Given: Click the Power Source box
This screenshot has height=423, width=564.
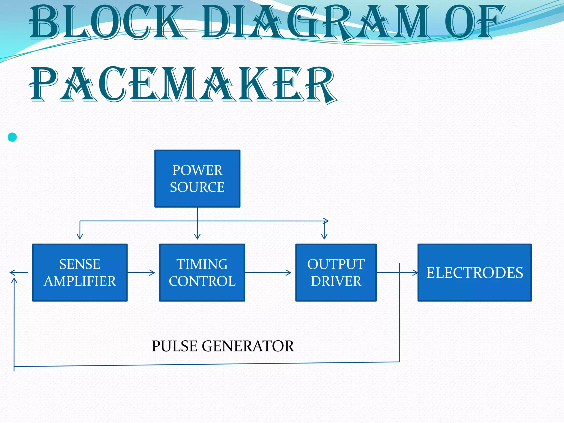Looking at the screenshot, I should click(197, 178).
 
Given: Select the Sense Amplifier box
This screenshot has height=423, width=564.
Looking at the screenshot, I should click(80, 272).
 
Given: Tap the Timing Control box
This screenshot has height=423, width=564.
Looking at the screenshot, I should click(202, 272).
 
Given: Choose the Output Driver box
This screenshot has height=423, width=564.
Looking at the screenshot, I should click(336, 272).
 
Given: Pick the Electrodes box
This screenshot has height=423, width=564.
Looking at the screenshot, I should click(474, 272).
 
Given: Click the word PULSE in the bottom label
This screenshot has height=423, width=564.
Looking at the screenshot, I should click(174, 346).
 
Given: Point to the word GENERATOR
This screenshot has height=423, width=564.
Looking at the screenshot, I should click(248, 346).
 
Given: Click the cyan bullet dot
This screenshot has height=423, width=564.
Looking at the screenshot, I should click(12, 137).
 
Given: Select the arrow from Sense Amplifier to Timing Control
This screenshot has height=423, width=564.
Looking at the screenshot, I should click(141, 273).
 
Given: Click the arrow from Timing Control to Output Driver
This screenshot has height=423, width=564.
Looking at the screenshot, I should click(268, 273).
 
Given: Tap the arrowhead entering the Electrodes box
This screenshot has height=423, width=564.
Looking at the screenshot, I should click(415, 273).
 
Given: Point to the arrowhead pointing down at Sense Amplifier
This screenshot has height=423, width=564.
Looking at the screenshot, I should click(80, 236).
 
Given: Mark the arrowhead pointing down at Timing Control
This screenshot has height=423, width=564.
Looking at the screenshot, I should click(197, 236).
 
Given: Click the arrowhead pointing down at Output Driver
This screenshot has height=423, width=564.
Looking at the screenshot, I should click(324, 236).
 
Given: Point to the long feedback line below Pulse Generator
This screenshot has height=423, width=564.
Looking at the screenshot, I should click(207, 364).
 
